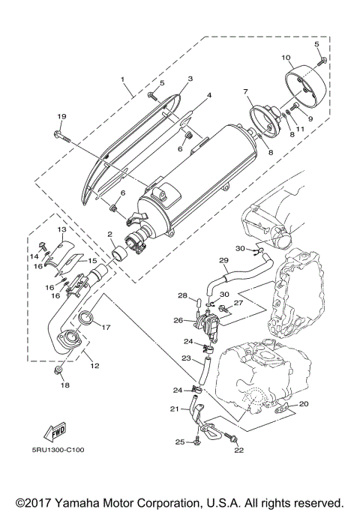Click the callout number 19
pos(61,116)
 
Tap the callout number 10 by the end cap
pos(286,58)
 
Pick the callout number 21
pos(173,409)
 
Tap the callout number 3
pos(190,79)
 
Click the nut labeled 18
pos(58,371)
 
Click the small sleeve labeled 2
pos(118,257)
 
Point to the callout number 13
pos(61,229)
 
